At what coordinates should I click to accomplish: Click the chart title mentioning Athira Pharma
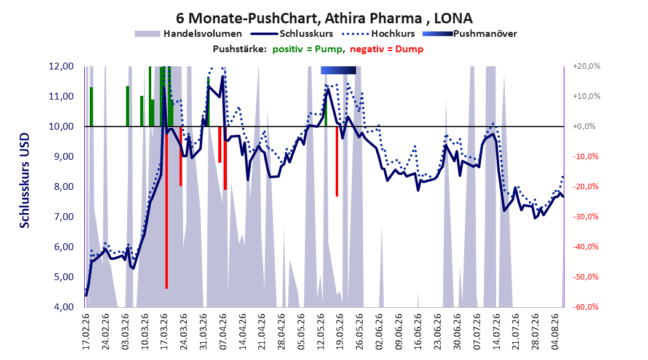[x=324, y=18]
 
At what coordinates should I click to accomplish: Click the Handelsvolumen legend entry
[x=188, y=34]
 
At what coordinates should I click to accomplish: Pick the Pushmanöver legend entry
[x=470, y=34]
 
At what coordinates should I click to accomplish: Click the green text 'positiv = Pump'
[x=307, y=49]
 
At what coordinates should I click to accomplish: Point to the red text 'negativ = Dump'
[x=387, y=49]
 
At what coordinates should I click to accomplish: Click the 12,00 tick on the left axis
[x=61, y=66]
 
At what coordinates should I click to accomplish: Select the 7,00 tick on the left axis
[x=61, y=217]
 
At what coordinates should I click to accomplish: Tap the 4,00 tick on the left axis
[x=61, y=307]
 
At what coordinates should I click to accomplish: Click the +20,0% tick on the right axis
[x=587, y=66]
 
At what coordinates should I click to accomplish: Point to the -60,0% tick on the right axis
[x=585, y=307]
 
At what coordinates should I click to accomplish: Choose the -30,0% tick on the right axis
[x=585, y=217]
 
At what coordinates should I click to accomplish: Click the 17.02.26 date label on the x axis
[x=86, y=332]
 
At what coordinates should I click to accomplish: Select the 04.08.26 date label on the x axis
[x=555, y=332]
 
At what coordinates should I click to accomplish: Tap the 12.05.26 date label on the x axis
[x=321, y=332]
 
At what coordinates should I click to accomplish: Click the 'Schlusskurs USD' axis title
[x=25, y=181]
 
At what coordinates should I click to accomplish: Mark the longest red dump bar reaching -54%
[x=167, y=207]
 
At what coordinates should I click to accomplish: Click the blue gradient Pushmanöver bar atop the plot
[x=338, y=70]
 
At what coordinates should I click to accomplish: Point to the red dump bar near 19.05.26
[x=337, y=162]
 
